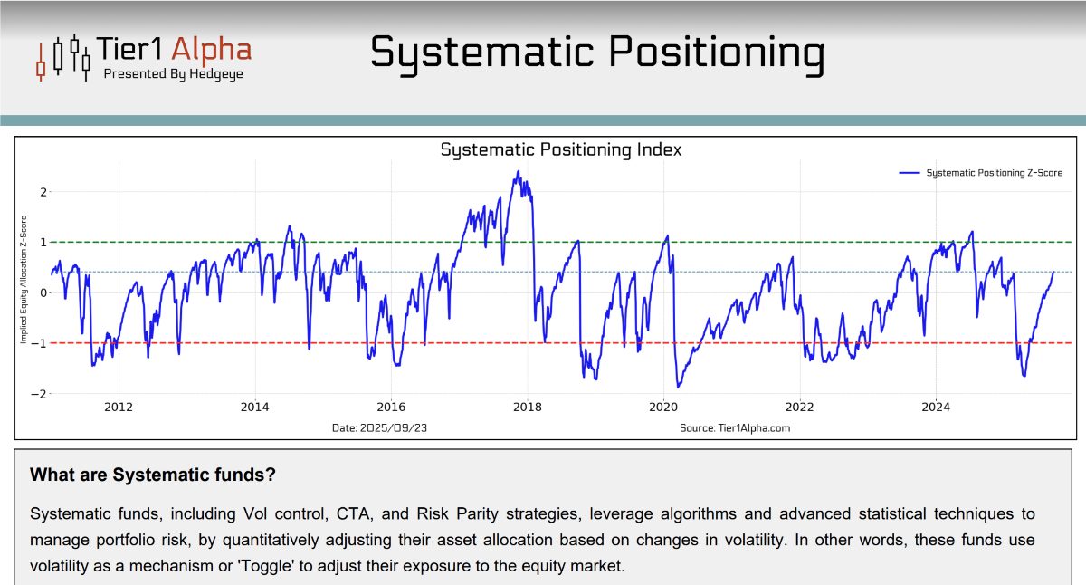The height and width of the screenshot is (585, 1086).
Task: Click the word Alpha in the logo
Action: tap(212, 49)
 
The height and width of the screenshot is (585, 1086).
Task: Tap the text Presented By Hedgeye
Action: tap(173, 74)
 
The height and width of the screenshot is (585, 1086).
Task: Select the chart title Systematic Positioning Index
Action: tap(561, 149)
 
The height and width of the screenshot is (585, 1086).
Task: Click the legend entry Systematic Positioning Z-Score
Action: tap(994, 173)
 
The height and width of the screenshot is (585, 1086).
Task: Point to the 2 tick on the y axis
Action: tap(43, 192)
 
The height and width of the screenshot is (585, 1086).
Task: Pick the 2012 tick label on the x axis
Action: tap(119, 408)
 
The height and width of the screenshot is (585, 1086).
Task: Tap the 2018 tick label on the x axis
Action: tap(527, 408)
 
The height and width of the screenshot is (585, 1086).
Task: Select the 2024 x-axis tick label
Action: tap(936, 408)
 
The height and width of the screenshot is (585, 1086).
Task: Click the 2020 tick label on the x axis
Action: tap(663, 408)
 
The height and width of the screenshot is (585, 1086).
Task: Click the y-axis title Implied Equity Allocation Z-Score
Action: tap(24, 280)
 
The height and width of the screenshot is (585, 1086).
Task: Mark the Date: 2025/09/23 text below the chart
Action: tap(379, 427)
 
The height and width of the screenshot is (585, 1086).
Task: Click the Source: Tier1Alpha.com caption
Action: tap(735, 427)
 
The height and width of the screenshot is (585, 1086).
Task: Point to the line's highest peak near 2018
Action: tap(519, 172)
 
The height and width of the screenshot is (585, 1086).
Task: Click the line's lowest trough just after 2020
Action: tap(676, 387)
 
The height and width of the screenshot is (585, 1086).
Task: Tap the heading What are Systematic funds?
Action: tap(153, 475)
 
